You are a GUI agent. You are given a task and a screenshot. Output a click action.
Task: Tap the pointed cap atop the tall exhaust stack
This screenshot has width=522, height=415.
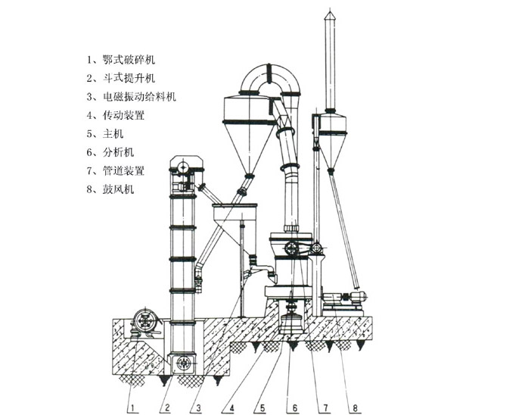(x=329, y=17)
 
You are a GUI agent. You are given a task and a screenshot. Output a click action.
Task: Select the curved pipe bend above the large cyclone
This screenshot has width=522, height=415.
(x=272, y=76)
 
